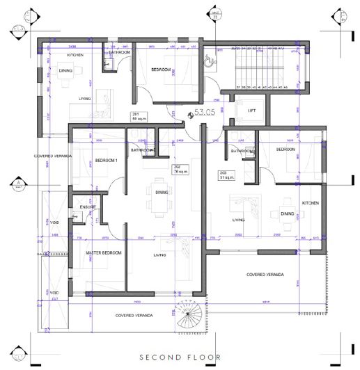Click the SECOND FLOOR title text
pos(180,357)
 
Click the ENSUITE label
pos(88,207)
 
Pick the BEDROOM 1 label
pos(108,161)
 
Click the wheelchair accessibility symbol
pos(206,60)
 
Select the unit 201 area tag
pos(137,116)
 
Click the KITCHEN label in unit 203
pos(310,202)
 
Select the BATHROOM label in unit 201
pos(119,53)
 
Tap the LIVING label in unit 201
pos(85,99)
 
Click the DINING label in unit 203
pos(288,214)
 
